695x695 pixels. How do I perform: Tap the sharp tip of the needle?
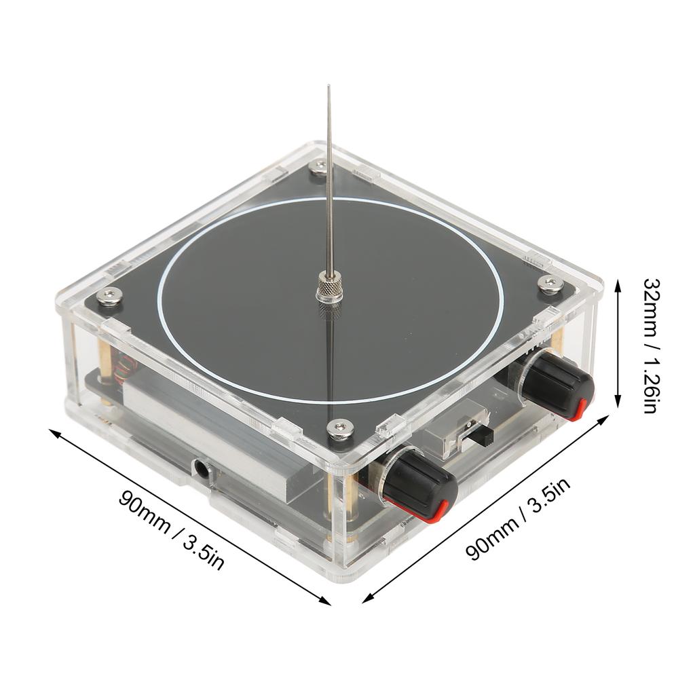[x=328, y=86]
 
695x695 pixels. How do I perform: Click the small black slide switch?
[x=487, y=436]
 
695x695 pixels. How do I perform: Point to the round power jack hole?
[x=201, y=468]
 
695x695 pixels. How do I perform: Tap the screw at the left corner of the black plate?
[x=109, y=296]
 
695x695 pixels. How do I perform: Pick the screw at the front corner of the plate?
[x=340, y=430]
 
